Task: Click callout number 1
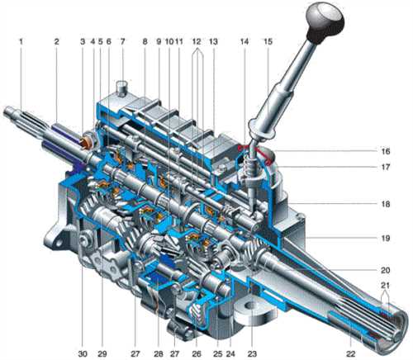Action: pos(21,42)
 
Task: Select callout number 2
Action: pos(56,42)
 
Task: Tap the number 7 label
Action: pos(122,42)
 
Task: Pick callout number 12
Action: pos(197,42)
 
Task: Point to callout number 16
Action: pos(385,151)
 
